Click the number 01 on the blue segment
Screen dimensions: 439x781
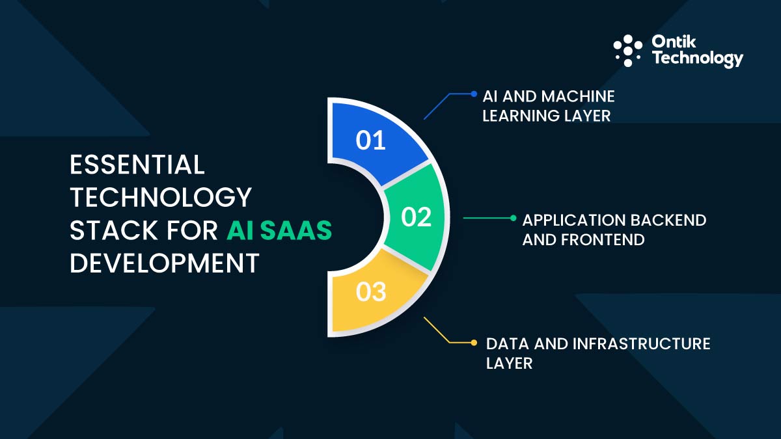click(371, 140)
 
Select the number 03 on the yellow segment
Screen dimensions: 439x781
click(371, 292)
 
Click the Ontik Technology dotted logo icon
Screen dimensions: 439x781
click(628, 51)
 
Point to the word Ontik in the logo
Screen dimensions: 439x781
click(673, 42)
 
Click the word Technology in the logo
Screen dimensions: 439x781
click(697, 59)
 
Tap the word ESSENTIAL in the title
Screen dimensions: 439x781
click(137, 165)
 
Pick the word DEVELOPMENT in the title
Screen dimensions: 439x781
click(164, 264)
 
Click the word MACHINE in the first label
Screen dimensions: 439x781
click(581, 96)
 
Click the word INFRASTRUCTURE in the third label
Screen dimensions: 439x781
click(641, 343)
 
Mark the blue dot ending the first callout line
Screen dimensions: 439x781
click(474, 94)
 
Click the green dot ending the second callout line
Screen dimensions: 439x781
click(513, 218)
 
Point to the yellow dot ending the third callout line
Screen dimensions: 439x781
click(474, 342)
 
